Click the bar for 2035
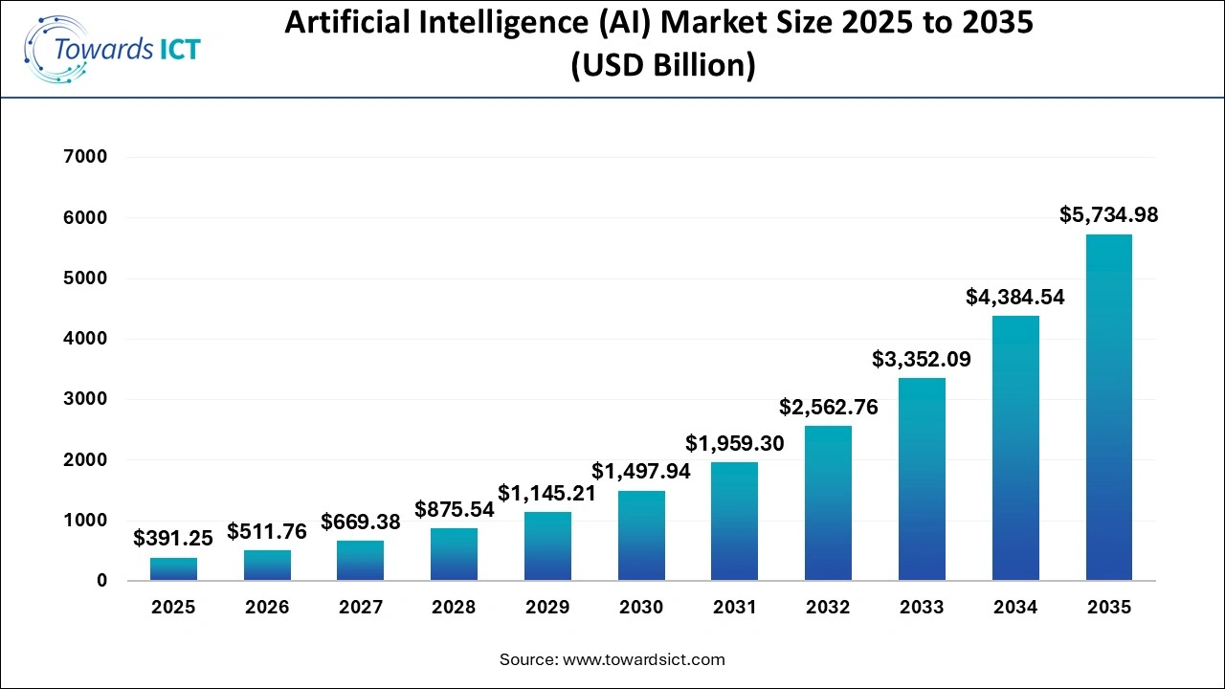1108,408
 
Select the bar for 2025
173,569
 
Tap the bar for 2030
641,536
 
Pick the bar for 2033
922,479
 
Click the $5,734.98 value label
1108,215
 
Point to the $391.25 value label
173,539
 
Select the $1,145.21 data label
546,494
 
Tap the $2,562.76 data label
828,407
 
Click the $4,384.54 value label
1015,298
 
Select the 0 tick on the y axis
101,581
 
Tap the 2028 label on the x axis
454,608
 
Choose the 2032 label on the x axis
828,608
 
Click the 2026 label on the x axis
267,608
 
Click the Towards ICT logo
113,49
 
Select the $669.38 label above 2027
361,522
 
